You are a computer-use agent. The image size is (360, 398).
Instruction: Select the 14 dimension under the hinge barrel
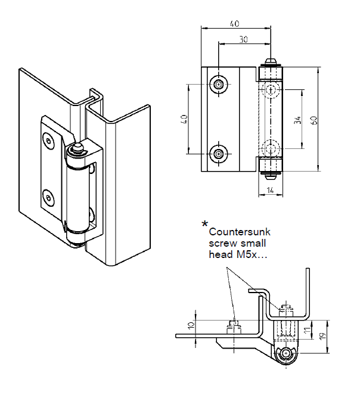(269, 190)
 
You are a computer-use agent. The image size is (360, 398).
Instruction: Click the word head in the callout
(219, 254)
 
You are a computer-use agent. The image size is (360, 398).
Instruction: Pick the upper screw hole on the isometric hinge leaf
(48, 139)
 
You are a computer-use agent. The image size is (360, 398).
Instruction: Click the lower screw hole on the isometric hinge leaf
(48, 195)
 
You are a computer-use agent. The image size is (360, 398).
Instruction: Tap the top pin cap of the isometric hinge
(77, 147)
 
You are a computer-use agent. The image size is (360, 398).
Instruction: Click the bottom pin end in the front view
(271, 175)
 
